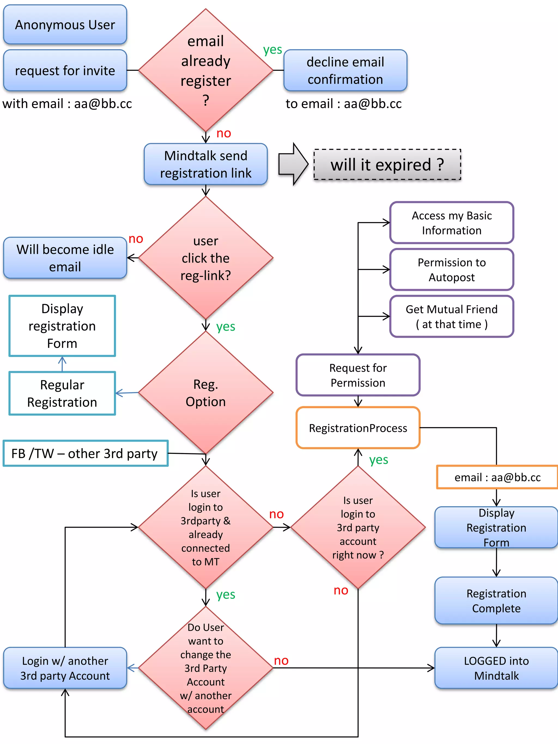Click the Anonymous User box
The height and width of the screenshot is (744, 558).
click(65, 25)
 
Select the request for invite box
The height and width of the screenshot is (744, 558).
click(65, 70)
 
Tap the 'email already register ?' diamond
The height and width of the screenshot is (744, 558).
click(205, 70)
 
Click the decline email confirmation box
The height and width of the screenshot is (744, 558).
click(345, 70)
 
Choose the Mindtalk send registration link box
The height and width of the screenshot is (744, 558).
click(205, 164)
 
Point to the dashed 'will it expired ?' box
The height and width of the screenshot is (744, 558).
click(387, 165)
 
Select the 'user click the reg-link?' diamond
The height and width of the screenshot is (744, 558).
click(205, 258)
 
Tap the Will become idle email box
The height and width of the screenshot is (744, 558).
click(65, 258)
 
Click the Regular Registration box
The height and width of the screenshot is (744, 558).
click(62, 393)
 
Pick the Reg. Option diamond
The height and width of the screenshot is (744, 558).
click(205, 393)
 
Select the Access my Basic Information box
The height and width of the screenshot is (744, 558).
click(451, 223)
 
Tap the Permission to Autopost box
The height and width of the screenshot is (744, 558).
click(451, 269)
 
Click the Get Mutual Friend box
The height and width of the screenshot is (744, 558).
click(451, 317)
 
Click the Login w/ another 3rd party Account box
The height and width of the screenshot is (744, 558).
click(65, 668)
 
